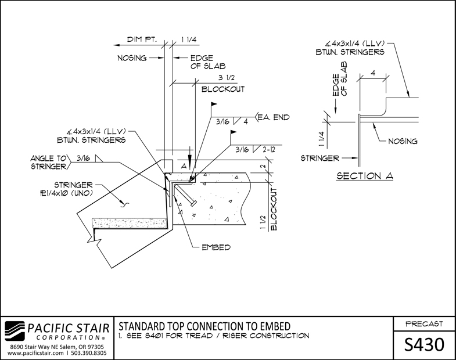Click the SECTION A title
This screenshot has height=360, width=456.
pos(365,176)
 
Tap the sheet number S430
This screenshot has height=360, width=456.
pos(424,344)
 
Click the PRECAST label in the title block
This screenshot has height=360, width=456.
pos(424,323)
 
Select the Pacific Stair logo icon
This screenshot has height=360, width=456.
pos(15,330)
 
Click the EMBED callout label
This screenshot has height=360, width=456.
pos(216,247)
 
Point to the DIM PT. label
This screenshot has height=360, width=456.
pos(142,39)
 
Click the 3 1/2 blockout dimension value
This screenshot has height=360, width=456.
pos(226,78)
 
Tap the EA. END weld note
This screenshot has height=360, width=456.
pos(274,117)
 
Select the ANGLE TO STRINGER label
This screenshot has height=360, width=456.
pos(49,162)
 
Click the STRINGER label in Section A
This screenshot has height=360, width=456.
pos(319,158)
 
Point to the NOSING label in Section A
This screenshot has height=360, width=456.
pos(403,141)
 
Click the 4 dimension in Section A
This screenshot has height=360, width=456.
pos(373,73)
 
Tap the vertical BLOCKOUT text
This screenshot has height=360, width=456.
pos(274,209)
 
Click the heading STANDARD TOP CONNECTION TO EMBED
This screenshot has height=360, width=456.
pos(204,326)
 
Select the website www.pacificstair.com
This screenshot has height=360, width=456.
pos(35,353)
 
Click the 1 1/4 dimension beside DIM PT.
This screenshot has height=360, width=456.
pos(189,39)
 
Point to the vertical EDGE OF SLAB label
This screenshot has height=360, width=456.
pos(340,79)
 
